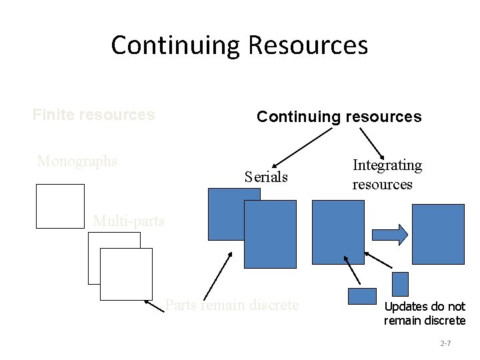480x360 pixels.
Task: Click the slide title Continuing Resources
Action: pyautogui.click(x=239, y=45)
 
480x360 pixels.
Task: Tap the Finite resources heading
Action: pyautogui.click(x=93, y=115)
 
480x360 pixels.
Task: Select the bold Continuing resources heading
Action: pyautogui.click(x=339, y=117)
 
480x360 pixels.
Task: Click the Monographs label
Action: pyautogui.click(x=77, y=161)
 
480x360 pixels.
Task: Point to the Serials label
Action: pyautogui.click(x=266, y=177)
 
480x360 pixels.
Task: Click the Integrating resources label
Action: pyautogui.click(x=387, y=174)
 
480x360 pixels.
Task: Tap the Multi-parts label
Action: pyautogui.click(x=129, y=221)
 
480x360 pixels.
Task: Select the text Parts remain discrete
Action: pyautogui.click(x=232, y=305)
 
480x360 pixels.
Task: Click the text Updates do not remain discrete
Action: pyautogui.click(x=425, y=313)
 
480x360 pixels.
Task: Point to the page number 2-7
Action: pyautogui.click(x=446, y=343)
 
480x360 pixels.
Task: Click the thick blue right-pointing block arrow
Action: pyautogui.click(x=389, y=235)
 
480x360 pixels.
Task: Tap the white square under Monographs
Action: pyautogui.click(x=60, y=206)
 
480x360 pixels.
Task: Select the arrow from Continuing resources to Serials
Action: pyautogui.click(x=301, y=145)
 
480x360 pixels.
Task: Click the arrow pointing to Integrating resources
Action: pyautogui.click(x=371, y=142)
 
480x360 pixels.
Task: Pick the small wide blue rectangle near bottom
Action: pyautogui.click(x=362, y=296)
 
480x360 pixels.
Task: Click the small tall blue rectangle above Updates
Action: pyautogui.click(x=400, y=284)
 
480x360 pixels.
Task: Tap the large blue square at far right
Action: pyautogui.click(x=438, y=234)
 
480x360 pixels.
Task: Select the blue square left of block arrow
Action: pyautogui.click(x=338, y=232)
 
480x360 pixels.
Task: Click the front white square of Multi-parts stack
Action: pyautogui.click(x=126, y=274)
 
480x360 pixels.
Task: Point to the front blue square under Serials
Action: pyautogui.click(x=270, y=235)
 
